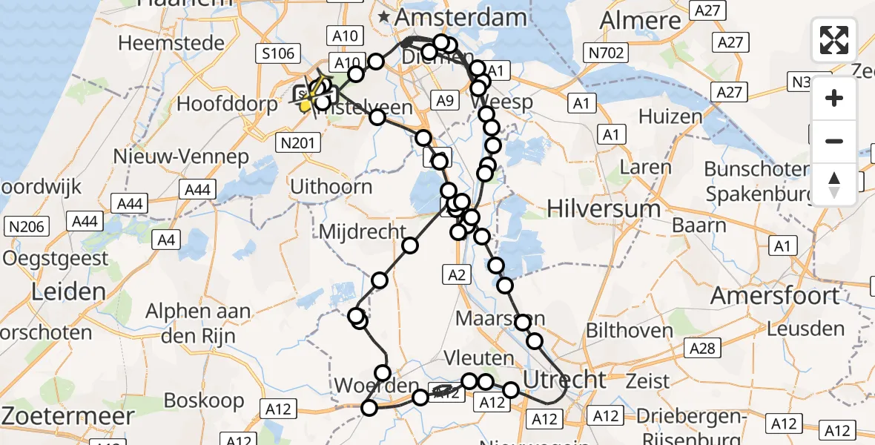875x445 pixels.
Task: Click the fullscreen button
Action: tap(834, 40)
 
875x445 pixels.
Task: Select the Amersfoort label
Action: tap(775, 295)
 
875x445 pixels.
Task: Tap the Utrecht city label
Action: tap(564, 380)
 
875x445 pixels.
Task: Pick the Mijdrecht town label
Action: tap(363, 231)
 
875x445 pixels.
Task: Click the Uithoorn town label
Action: tap(331, 186)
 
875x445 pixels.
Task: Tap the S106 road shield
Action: tap(277, 53)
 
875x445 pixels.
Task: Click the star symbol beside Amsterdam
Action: tap(385, 16)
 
